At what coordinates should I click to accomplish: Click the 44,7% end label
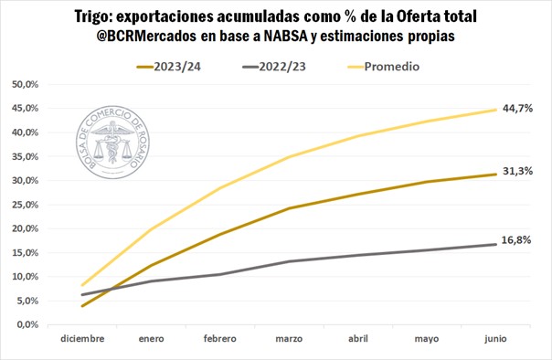pyautogui.click(x=517, y=109)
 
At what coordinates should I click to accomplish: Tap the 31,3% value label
pyautogui.click(x=517, y=171)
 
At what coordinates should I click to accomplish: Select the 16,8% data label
pyautogui.click(x=516, y=240)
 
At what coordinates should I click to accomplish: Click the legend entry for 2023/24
pyautogui.click(x=169, y=67)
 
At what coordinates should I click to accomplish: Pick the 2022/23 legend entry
pyautogui.click(x=274, y=67)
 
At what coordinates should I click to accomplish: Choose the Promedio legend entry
pyautogui.click(x=383, y=67)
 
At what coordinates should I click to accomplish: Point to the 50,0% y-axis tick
pyautogui.click(x=25, y=84)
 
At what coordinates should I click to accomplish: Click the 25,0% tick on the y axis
pyautogui.click(x=25, y=205)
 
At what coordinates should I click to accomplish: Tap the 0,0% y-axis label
pyautogui.click(x=27, y=324)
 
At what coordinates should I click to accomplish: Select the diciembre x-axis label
pyautogui.click(x=82, y=339)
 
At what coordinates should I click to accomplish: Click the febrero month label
pyautogui.click(x=220, y=339)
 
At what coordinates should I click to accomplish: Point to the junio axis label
pyautogui.click(x=495, y=339)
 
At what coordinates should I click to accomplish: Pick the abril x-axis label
pyautogui.click(x=358, y=339)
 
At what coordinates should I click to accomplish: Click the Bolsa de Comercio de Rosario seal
pyautogui.click(x=112, y=142)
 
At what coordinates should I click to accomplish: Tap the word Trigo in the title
pyautogui.click(x=90, y=16)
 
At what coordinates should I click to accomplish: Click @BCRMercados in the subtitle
pyautogui.click(x=146, y=36)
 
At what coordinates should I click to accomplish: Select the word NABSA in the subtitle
pyautogui.click(x=285, y=36)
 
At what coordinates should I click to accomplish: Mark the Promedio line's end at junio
pyautogui.click(x=495, y=110)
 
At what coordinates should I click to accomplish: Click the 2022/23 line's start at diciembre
pyautogui.click(x=82, y=294)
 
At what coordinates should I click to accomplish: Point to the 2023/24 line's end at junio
pyautogui.click(x=495, y=175)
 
